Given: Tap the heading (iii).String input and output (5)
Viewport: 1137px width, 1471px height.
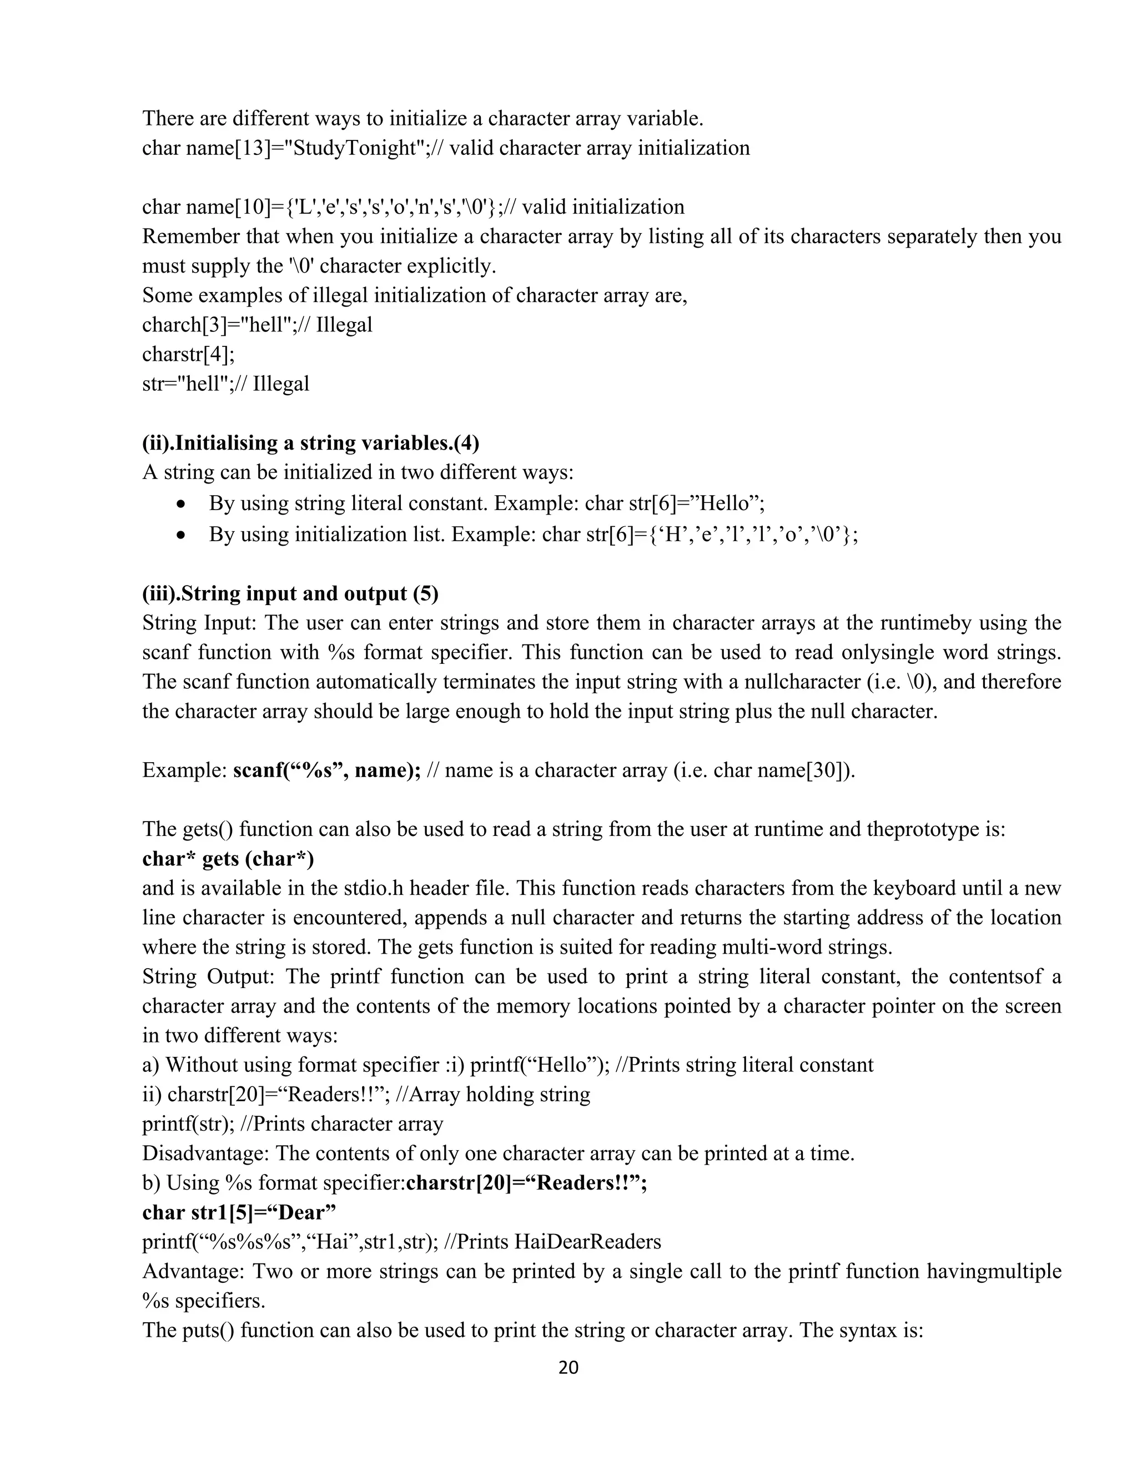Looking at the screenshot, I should click(290, 593).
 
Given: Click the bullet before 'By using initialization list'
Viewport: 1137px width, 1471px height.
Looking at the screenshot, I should click(180, 536).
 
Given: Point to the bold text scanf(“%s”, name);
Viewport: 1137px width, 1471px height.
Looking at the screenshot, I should click(326, 770).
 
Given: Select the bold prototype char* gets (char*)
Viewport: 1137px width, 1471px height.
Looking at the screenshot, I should click(228, 859).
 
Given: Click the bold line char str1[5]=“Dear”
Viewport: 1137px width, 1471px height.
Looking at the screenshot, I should click(239, 1212).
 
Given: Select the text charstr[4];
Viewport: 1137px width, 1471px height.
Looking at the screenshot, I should click(188, 354).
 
